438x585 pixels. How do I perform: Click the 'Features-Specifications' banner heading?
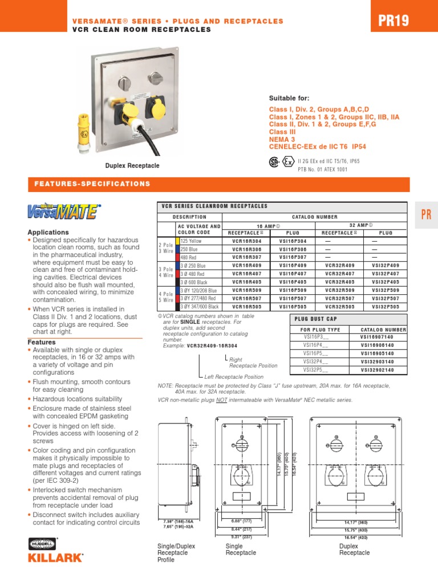tap(92, 184)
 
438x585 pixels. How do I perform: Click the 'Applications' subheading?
tap(48, 233)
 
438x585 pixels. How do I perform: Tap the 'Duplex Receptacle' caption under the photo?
tap(132, 166)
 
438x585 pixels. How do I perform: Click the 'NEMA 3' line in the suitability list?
tap(282, 139)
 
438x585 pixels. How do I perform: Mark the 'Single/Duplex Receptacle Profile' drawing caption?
tap(176, 553)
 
